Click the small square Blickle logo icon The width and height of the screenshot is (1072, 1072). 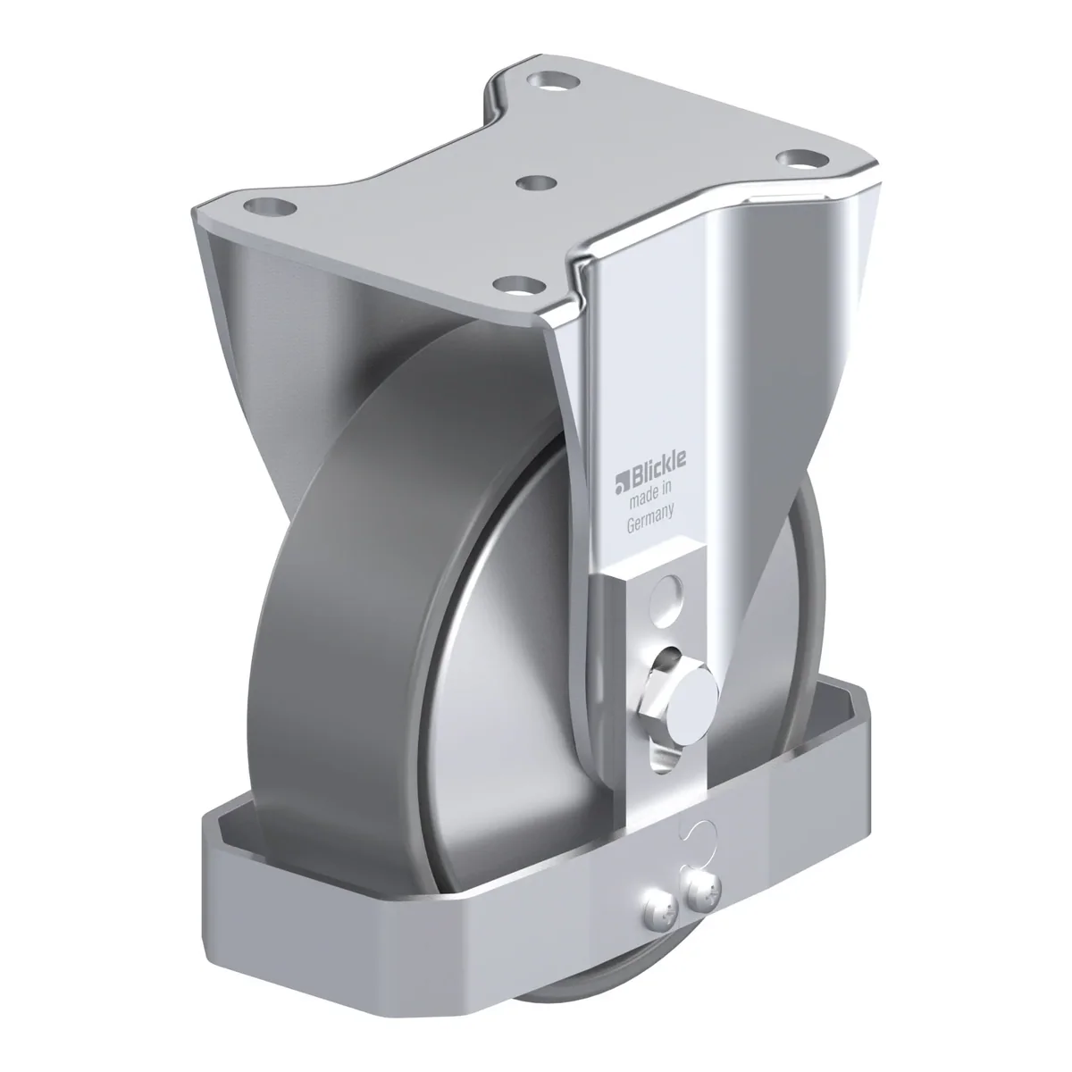(x=622, y=483)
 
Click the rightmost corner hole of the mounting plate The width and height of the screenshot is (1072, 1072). (x=801, y=159)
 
